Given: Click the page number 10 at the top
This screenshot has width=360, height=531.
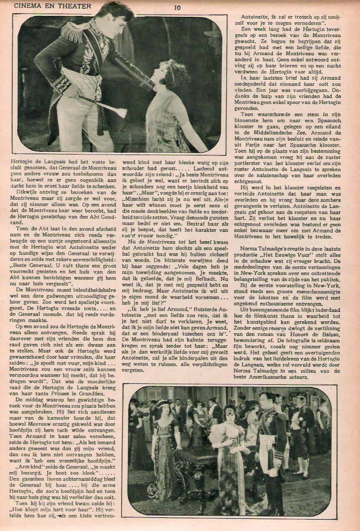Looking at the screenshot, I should pyautogui.click(x=177, y=6).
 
